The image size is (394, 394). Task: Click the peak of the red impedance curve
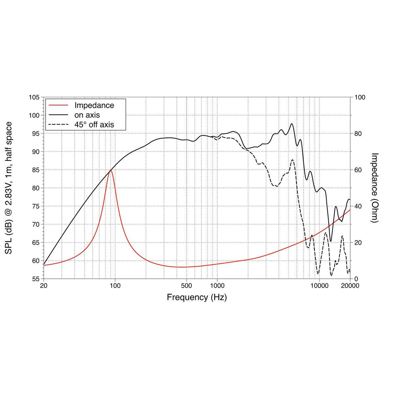point(111,170)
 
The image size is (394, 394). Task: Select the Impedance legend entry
point(94,105)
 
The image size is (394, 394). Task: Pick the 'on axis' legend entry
point(87,115)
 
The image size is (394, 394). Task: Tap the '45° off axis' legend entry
point(94,124)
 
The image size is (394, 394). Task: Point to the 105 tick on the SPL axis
point(34,98)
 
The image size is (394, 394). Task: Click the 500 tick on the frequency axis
point(186,286)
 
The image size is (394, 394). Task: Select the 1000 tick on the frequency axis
point(217,286)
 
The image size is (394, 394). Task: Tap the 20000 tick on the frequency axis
point(350,286)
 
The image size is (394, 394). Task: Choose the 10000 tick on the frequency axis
point(319,286)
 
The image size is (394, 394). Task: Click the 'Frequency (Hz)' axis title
point(197,297)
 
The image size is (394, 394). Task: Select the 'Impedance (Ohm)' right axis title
point(375,188)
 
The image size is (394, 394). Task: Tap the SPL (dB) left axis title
point(9,188)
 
